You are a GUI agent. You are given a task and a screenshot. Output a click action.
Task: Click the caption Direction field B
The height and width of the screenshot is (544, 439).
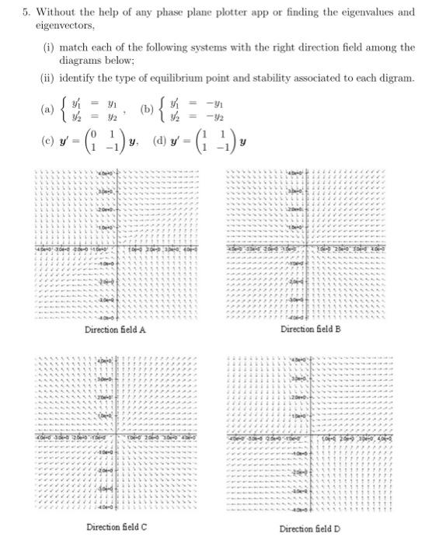coord(312,330)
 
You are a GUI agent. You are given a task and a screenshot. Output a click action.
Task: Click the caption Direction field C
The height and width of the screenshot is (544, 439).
coord(117,527)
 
